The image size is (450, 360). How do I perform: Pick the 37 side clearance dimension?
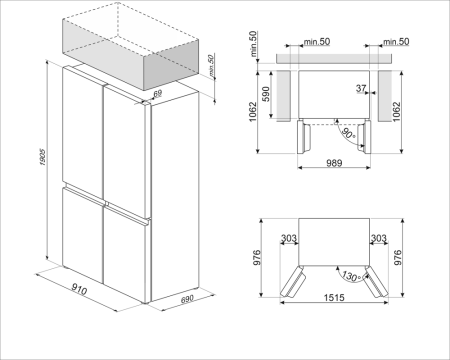[360, 88]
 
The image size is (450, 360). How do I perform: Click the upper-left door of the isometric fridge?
[81, 125]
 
